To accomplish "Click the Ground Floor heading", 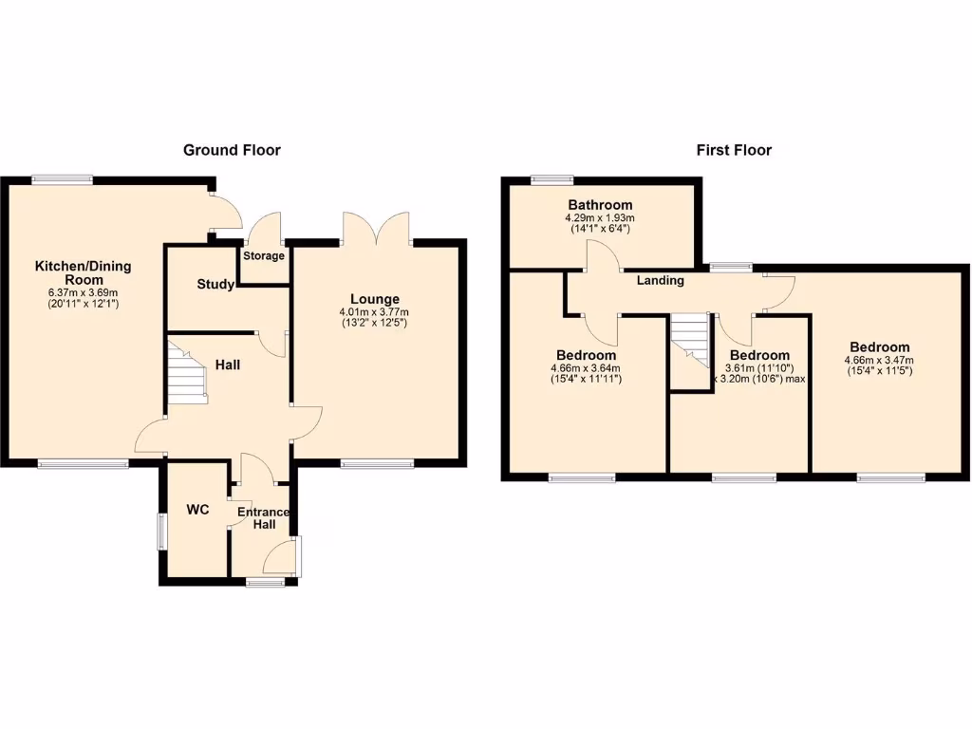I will pos(232,150).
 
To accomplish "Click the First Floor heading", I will pos(734,150).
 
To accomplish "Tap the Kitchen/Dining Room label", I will pos(84,272).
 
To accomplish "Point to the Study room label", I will pos(215,284).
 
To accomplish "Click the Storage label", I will pos(264,256).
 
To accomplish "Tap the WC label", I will pos(197,510).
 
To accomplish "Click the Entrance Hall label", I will pos(262,518).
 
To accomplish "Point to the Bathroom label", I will pos(600,205).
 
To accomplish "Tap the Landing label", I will pos(660,280).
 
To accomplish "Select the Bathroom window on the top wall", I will pos(552,178).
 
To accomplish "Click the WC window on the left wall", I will pos(160,531).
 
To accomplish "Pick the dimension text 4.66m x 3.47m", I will pos(879,361).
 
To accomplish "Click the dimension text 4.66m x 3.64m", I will pos(585,368).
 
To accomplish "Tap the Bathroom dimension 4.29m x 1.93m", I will pos(600,217).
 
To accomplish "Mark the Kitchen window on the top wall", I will pos(62,178).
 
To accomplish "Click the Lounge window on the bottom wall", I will pos(377,464).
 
